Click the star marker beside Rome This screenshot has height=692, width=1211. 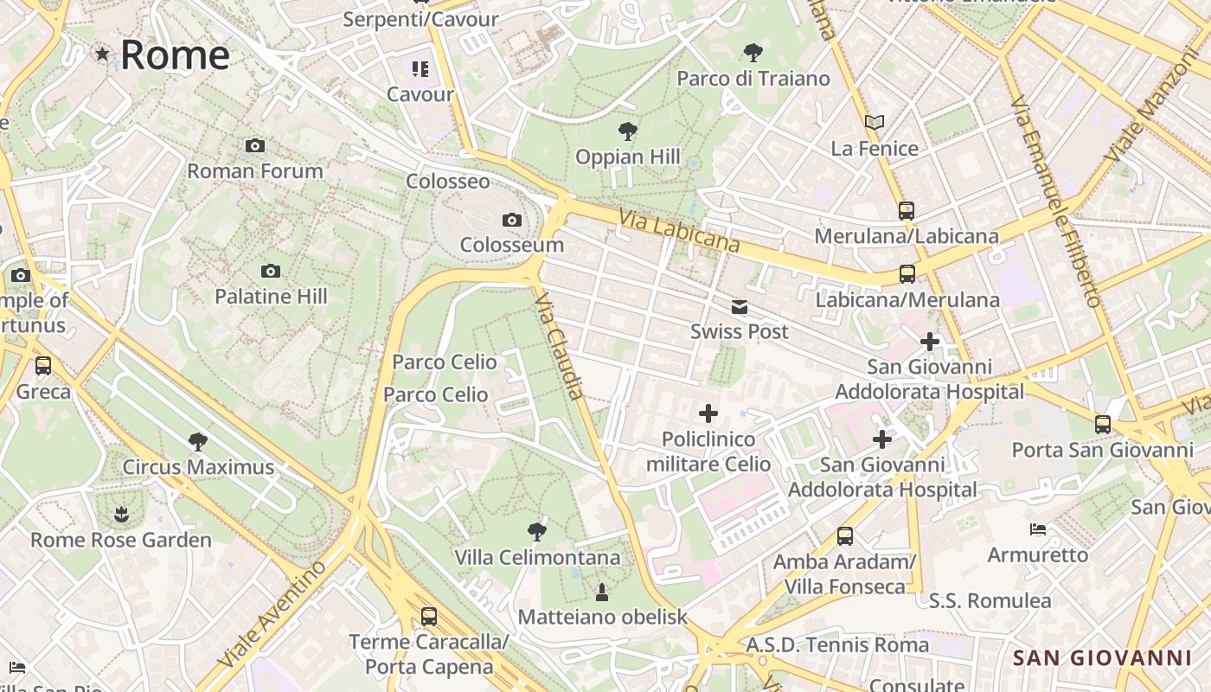tap(103, 54)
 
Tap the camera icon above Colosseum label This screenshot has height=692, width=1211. tap(512, 220)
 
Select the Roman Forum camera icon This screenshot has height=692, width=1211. tap(254, 145)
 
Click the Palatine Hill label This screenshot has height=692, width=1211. tap(271, 297)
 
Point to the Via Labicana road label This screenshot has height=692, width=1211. tap(679, 231)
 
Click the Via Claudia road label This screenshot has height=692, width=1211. tap(560, 346)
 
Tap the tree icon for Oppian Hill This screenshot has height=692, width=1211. tap(628, 131)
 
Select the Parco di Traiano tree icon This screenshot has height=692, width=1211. tap(753, 53)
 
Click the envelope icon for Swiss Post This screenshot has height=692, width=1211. tap(740, 307)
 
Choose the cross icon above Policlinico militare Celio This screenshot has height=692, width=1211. tap(708, 413)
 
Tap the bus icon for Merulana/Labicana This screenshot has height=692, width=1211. tap(906, 210)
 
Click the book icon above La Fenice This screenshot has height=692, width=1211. tap(875, 123)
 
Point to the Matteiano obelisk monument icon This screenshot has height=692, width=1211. tap(602, 592)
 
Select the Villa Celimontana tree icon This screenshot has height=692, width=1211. tap(537, 531)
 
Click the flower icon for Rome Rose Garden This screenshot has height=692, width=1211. tap(121, 515)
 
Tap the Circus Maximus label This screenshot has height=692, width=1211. tap(198, 467)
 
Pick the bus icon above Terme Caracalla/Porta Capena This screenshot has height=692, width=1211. tap(428, 617)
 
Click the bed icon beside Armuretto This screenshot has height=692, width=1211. tap(1038, 529)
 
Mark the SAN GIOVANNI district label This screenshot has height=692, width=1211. tap(1102, 658)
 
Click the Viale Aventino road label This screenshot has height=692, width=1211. tap(273, 614)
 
